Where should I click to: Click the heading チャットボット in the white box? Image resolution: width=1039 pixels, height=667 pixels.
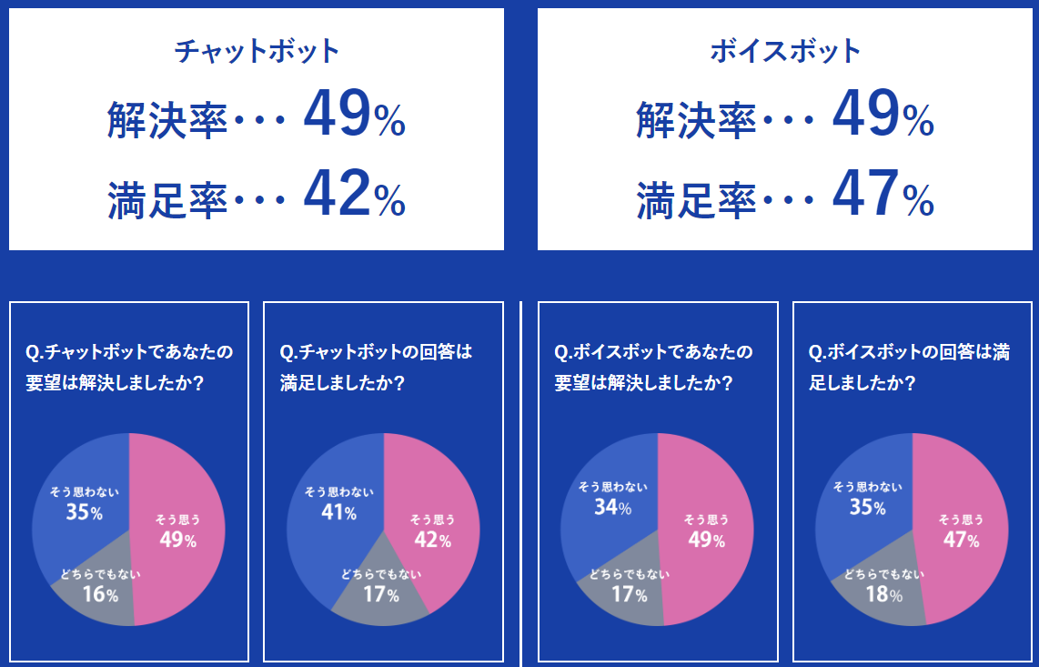coord(257,51)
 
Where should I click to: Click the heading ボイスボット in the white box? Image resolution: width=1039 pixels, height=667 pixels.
coord(785,51)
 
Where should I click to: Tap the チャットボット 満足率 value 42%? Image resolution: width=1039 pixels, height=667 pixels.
coord(354,195)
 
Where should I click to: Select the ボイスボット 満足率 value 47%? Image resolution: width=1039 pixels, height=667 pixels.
coord(883,195)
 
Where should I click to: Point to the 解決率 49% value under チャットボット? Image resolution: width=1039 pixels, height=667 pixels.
coord(354,116)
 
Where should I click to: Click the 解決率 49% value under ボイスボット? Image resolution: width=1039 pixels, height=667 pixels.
coord(883,116)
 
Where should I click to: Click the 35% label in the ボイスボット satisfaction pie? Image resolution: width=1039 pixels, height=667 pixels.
coord(867,508)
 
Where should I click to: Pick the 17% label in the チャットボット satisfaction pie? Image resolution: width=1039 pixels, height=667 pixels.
coord(381,595)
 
